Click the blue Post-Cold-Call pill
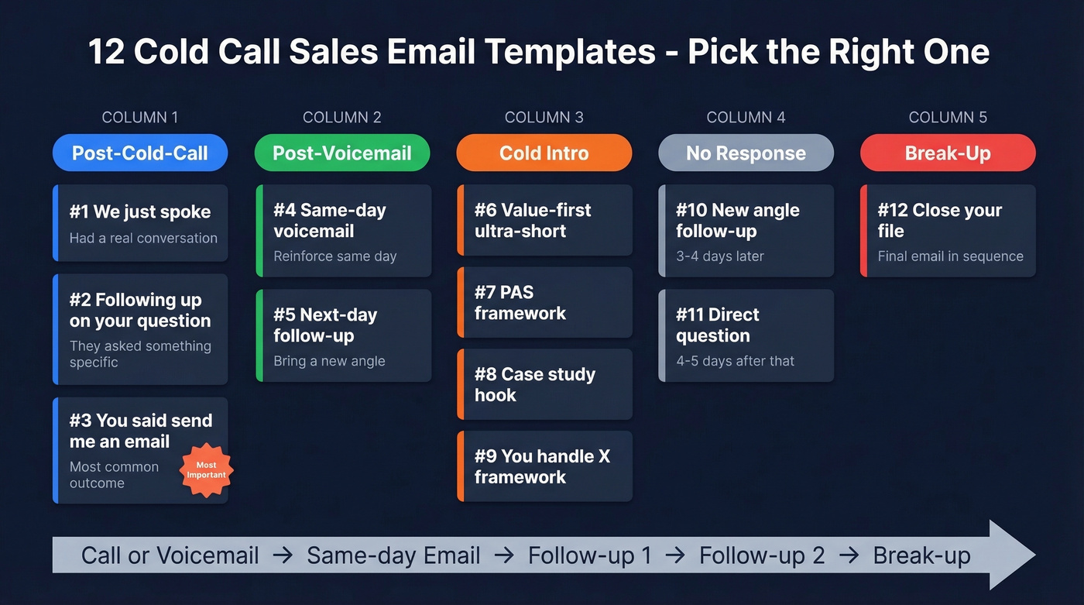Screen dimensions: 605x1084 point(140,153)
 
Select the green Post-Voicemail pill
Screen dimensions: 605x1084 point(342,153)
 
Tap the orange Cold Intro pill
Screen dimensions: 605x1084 point(544,153)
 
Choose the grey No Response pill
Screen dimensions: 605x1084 point(746,153)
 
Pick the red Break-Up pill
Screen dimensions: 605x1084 point(948,153)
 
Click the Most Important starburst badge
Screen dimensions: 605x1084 point(207,470)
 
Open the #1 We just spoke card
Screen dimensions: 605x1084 point(140,223)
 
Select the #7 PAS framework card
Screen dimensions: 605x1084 point(544,302)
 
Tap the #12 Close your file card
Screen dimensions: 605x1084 point(948,230)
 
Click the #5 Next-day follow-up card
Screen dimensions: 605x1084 point(342,335)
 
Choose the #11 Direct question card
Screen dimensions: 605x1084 point(746,335)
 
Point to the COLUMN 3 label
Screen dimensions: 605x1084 point(544,118)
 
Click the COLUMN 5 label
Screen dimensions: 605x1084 point(948,118)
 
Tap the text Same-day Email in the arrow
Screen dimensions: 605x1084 point(393,555)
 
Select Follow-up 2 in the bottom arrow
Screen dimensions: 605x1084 point(762,555)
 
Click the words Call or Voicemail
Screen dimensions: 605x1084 point(170,555)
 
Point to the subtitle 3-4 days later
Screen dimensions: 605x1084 point(720,256)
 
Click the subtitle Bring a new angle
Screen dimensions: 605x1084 point(329,361)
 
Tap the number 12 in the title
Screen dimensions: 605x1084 point(105,53)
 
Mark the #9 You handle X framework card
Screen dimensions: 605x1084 point(544,466)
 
